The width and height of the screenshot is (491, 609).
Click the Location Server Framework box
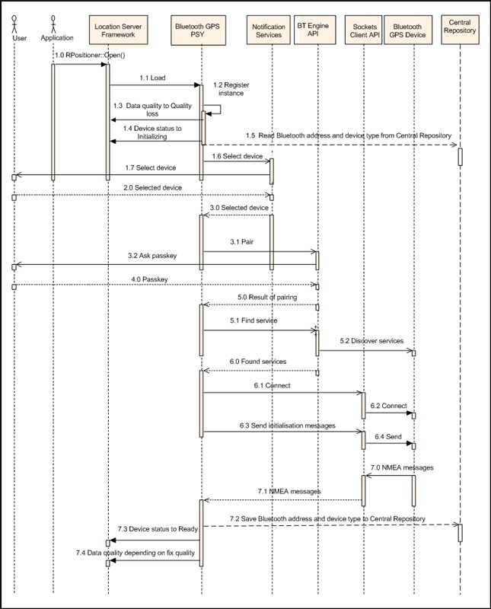point(118,30)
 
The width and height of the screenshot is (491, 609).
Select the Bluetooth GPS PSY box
point(198,30)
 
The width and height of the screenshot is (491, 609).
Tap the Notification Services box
point(269,30)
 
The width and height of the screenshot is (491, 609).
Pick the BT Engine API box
point(314,30)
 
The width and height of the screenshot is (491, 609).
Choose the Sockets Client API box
point(364,30)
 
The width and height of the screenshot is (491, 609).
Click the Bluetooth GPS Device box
point(408,30)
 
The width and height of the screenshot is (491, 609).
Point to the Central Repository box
point(460,30)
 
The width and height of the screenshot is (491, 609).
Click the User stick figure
point(14,24)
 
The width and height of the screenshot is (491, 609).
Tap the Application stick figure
point(53,24)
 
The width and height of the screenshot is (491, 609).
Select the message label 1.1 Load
point(152,78)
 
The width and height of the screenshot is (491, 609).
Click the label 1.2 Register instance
point(231,89)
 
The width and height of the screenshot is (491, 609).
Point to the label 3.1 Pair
point(241,242)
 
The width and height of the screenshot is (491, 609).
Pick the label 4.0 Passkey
point(149,279)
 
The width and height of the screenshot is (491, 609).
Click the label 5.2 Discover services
point(371,341)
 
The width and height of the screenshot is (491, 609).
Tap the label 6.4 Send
point(388,436)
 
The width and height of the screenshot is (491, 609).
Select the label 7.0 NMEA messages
point(402,467)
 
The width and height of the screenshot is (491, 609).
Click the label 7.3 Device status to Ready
point(158,529)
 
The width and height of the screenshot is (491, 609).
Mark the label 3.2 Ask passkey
point(152,256)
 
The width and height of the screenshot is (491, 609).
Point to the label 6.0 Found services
point(258,362)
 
